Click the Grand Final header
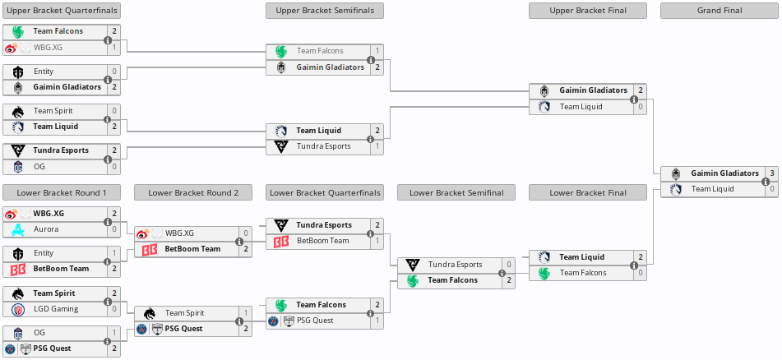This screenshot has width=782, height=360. point(720,11)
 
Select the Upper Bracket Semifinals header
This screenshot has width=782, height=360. point(325,11)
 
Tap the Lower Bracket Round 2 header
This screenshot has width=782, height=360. point(193,193)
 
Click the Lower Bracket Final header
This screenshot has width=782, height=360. point(588,193)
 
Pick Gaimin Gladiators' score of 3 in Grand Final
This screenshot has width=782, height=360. point(771,173)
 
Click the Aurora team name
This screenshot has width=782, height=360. point(46,229)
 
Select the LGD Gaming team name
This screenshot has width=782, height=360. point(56,309)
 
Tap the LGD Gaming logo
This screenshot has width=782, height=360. point(18,309)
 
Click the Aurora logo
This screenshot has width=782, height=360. point(18,229)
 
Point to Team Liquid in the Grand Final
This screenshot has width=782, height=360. point(712,189)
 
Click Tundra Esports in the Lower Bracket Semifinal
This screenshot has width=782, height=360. point(455,265)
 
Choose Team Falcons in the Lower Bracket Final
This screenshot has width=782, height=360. point(582,273)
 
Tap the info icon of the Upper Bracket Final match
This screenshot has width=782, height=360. point(633,99)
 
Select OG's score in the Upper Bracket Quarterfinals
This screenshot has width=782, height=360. point(113,167)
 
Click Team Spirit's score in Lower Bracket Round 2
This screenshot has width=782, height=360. point(245,313)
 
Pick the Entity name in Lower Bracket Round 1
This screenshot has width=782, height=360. point(44,253)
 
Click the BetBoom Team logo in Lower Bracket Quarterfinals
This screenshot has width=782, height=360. point(281,241)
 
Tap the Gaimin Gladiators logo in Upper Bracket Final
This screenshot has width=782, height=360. point(544,90)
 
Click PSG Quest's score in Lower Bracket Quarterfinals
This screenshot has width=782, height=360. point(377,321)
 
